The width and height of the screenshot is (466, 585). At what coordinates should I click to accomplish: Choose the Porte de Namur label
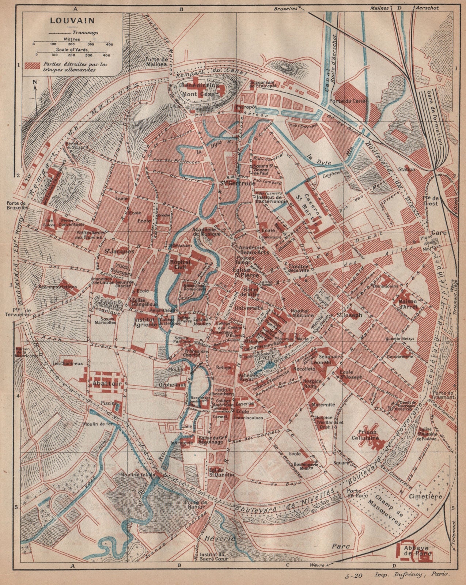(196, 505)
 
